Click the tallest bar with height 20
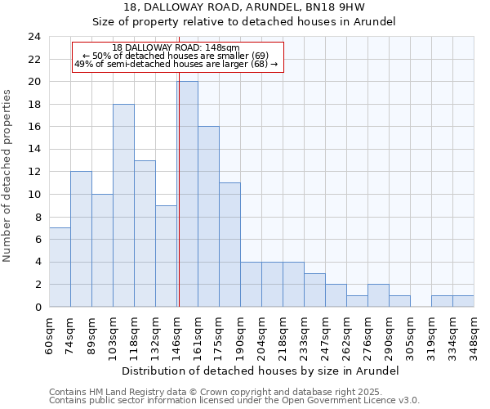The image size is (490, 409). point(187,194)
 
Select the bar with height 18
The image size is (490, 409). point(123,205)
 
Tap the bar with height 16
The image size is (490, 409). point(208,217)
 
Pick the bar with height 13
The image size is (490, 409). point(145,233)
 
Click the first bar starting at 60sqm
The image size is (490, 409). point(60,267)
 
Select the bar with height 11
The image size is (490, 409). point(229,245)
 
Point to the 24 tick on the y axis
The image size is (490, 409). point(33,37)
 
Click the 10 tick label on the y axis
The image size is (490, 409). point(33,195)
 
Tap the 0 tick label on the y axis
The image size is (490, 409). point(37,308)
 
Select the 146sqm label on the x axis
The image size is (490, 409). point(177,335)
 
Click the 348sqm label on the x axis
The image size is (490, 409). point(474,335)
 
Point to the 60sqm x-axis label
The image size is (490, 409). point(50,334)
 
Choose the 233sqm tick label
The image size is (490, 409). point(305,335)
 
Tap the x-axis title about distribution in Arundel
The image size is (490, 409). point(261,371)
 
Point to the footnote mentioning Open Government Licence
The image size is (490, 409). point(234,401)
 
